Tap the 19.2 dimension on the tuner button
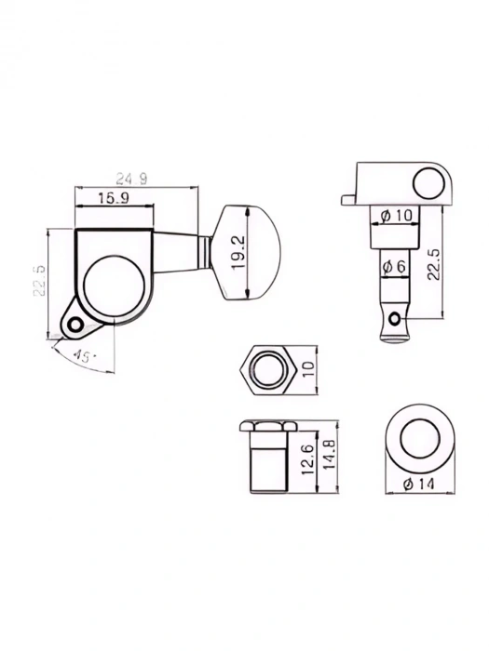(240, 252)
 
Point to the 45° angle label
(85, 356)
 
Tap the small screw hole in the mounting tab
(74, 325)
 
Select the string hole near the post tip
(395, 322)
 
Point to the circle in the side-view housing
(429, 182)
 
